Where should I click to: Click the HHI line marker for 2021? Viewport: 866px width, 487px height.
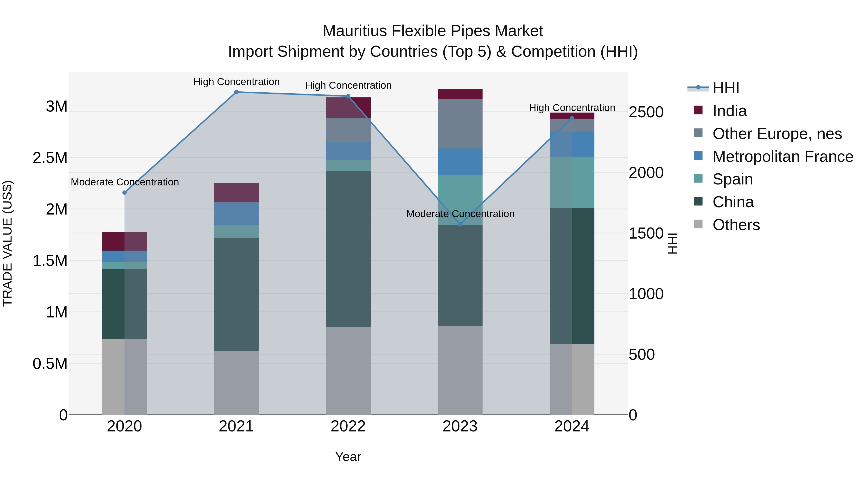click(x=236, y=92)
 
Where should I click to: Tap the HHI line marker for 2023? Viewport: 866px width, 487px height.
click(x=460, y=224)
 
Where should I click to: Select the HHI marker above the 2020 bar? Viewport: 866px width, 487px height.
click(x=124, y=193)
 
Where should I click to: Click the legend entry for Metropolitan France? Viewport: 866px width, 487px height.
click(x=783, y=157)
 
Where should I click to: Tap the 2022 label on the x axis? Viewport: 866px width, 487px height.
click(x=348, y=426)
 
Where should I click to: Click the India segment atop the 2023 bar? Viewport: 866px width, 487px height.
click(x=460, y=95)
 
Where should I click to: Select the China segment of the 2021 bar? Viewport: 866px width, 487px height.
click(x=236, y=294)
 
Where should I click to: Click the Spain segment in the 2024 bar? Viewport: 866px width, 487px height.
click(x=572, y=183)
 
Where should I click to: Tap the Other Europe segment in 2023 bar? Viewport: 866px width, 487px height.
click(x=460, y=124)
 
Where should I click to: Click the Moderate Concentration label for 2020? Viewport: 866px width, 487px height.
click(x=125, y=182)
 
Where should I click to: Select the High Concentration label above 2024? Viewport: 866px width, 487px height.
click(x=572, y=108)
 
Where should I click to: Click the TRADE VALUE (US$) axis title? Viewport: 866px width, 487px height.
click(x=7, y=243)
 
